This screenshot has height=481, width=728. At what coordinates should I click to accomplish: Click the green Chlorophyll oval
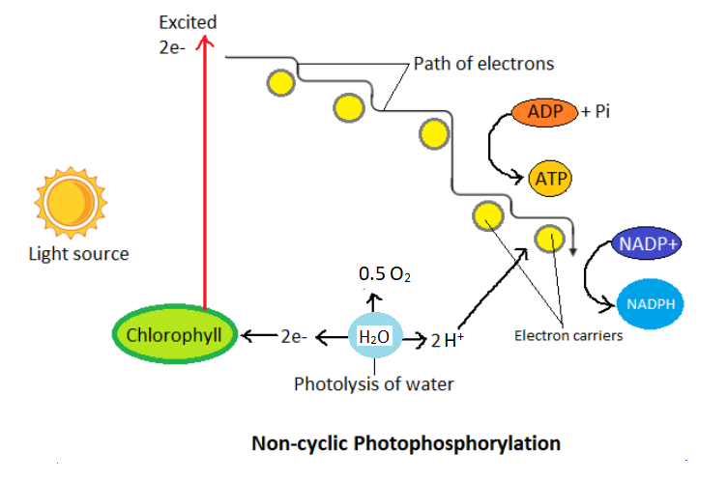(175, 335)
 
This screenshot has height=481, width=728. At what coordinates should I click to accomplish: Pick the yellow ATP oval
(551, 178)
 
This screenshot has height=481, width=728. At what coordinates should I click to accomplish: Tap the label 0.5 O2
(385, 274)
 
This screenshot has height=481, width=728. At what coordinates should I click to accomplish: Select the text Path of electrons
(483, 65)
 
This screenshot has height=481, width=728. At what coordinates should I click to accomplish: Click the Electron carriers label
(568, 336)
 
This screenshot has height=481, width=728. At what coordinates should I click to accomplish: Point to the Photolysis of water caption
(373, 384)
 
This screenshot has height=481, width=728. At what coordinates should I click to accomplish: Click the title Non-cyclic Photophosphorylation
(406, 444)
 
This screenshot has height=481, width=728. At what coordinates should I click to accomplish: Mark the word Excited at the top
(189, 21)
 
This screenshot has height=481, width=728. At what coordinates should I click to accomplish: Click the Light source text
(78, 254)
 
